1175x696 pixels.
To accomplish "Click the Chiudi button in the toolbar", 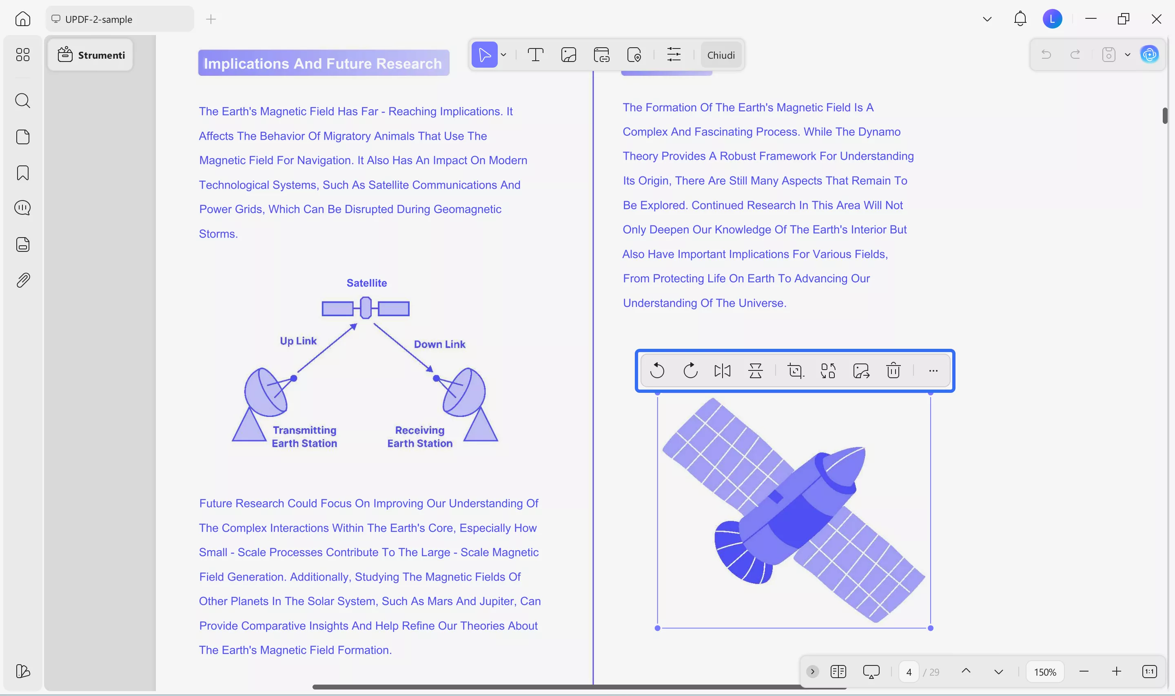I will pyautogui.click(x=721, y=55).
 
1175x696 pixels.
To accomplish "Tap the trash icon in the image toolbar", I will pyautogui.click(x=893, y=370).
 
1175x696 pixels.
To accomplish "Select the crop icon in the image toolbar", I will pyautogui.click(x=795, y=370).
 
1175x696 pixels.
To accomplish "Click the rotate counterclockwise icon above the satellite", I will pyautogui.click(x=657, y=370).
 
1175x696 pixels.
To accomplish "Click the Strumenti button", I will pyautogui.click(x=91, y=55).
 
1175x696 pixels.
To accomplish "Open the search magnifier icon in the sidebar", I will pyautogui.click(x=22, y=101).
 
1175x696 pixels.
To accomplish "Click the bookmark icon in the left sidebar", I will pyautogui.click(x=22, y=173).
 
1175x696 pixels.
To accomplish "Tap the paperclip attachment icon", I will pyautogui.click(x=22, y=280).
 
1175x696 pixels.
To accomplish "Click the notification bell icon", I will pyautogui.click(x=1020, y=19).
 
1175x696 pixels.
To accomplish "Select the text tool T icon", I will pyautogui.click(x=535, y=55).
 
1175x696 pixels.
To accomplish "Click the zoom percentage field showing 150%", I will pyautogui.click(x=1045, y=672).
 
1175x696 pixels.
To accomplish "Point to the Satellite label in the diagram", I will pyautogui.click(x=367, y=283).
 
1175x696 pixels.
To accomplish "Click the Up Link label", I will pyautogui.click(x=298, y=341).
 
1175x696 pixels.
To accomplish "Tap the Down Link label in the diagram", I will pyautogui.click(x=439, y=344).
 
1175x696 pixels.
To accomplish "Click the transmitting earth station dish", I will pyautogui.click(x=265, y=392).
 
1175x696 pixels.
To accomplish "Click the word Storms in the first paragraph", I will pyautogui.click(x=218, y=233).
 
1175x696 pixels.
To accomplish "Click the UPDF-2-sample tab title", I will pyautogui.click(x=99, y=19).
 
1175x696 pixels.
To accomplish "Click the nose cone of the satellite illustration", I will pyautogui.click(x=845, y=467).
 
